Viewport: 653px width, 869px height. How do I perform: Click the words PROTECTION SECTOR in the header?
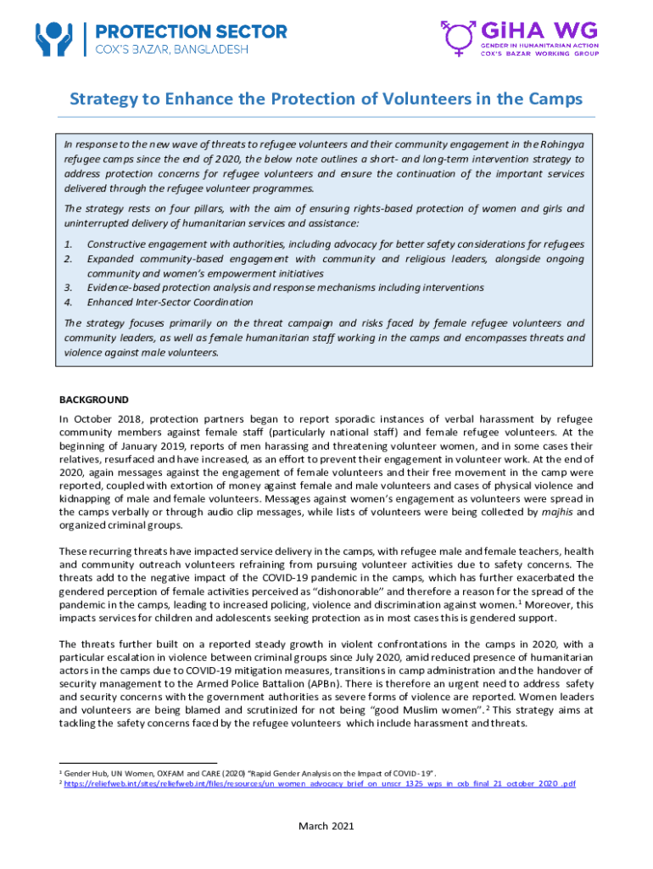pos(192,31)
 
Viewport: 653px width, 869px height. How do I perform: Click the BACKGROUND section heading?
pos(93,399)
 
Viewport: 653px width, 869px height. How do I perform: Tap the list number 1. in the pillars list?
pos(69,244)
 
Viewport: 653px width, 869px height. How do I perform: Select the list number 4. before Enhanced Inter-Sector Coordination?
pos(69,302)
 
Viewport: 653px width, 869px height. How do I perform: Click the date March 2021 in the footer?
pos(326,826)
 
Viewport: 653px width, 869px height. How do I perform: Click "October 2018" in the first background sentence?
pos(107,418)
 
